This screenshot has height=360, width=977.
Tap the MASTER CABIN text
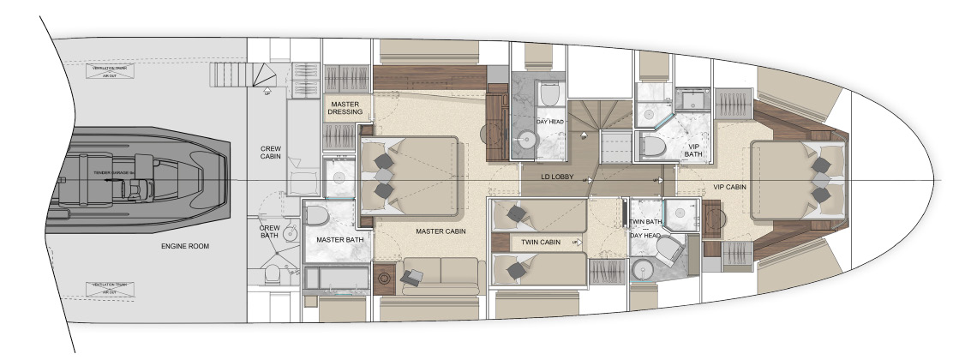(x=440, y=231)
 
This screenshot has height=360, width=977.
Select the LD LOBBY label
(x=557, y=177)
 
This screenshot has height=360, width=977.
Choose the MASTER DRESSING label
(x=347, y=108)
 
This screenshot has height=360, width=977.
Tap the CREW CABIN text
(x=270, y=153)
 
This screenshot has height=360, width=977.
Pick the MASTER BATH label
(x=339, y=240)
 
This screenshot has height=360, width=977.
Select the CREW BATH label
(x=270, y=233)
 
